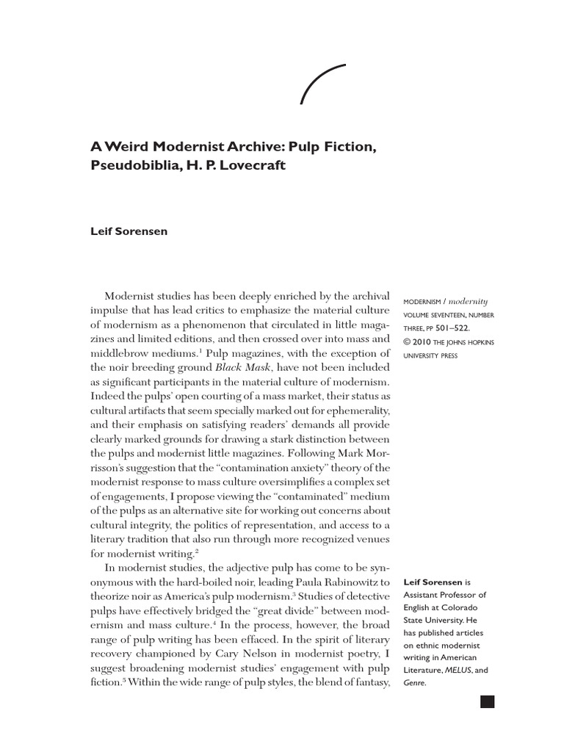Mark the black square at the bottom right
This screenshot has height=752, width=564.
(x=488, y=701)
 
